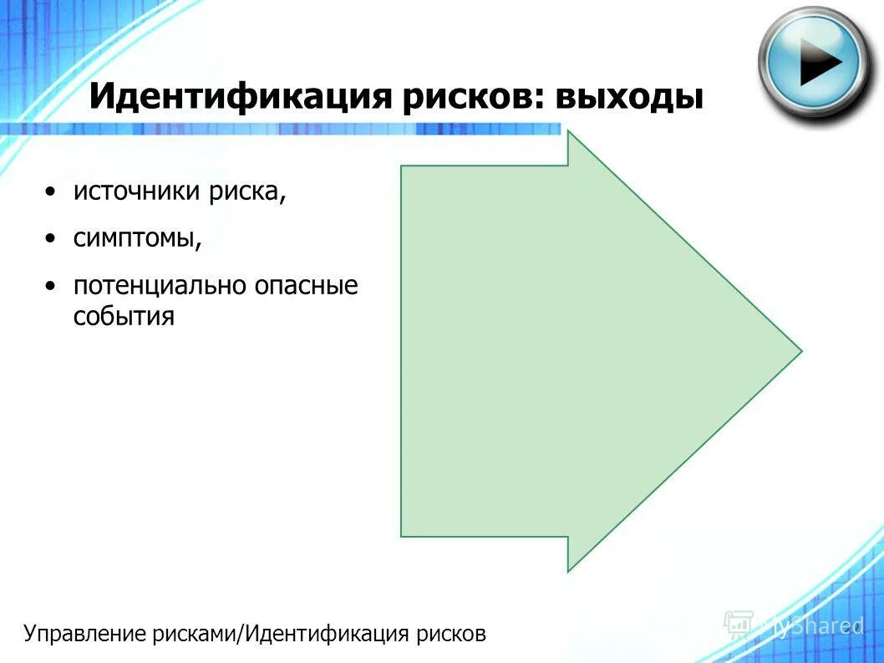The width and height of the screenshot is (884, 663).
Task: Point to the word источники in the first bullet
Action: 137,192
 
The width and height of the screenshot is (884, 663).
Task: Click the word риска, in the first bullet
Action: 248,192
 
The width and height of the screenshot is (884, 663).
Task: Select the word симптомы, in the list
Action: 138,239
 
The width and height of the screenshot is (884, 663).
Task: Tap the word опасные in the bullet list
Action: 307,286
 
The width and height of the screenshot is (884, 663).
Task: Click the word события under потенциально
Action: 124,317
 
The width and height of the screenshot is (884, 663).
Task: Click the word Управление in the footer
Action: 86,634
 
